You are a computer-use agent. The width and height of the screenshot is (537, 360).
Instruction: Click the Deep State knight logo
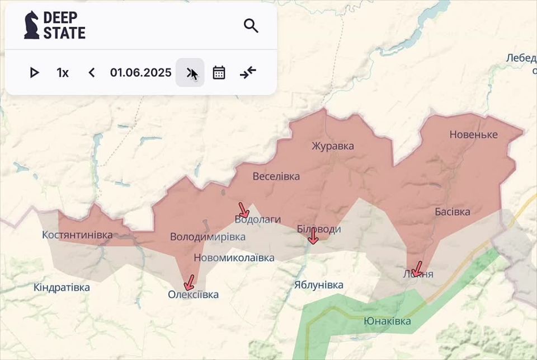[x=32, y=25]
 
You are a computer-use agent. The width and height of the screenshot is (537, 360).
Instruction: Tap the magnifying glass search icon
[x=251, y=25]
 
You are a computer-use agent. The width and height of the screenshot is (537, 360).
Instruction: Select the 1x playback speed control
[x=63, y=73]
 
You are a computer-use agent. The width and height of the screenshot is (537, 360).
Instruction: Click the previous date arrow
[x=92, y=73]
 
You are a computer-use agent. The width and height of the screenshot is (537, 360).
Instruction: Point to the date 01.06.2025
[x=140, y=73]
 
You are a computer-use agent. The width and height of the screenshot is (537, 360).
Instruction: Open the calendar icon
[x=219, y=73]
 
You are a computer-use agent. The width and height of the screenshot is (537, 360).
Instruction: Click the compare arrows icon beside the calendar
[x=248, y=73]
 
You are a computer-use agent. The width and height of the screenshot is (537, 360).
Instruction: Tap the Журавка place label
[x=333, y=146]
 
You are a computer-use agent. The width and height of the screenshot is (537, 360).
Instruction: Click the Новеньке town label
[x=473, y=134]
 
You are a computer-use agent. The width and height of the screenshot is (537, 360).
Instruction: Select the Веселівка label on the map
[x=276, y=176]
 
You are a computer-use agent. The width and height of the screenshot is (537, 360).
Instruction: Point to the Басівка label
[x=453, y=212]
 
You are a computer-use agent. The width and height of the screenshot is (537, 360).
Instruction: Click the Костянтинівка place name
[x=77, y=235]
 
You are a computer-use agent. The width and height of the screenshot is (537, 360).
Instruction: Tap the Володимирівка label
[x=208, y=237]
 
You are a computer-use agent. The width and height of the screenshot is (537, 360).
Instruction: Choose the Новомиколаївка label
[x=234, y=258]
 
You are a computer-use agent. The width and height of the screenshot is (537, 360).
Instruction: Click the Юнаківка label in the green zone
[x=387, y=321]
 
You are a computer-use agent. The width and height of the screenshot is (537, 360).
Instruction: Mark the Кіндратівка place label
[x=62, y=287]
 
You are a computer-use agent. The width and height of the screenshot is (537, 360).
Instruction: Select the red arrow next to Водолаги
[x=243, y=211]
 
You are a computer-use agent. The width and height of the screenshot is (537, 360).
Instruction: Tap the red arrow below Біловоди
[x=313, y=236]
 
